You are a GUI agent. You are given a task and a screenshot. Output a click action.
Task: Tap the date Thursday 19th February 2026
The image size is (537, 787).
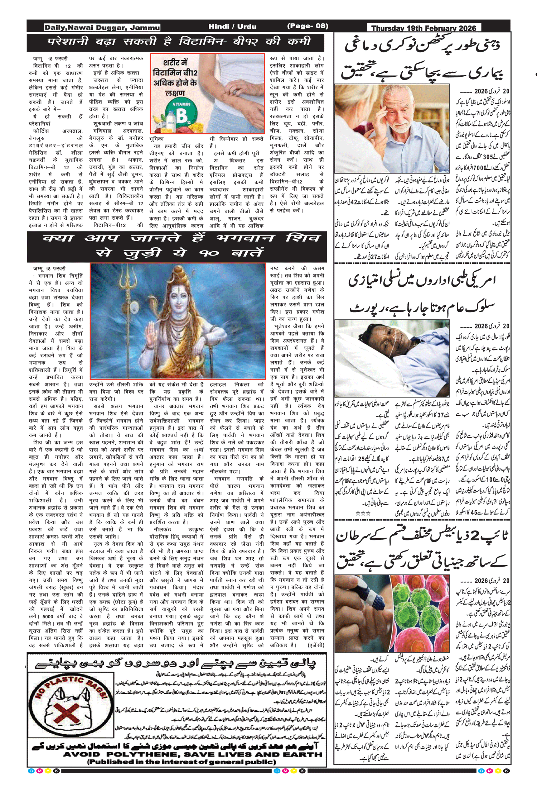[x=424, y=28]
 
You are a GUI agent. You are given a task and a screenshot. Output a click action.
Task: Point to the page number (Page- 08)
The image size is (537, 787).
[x=308, y=26]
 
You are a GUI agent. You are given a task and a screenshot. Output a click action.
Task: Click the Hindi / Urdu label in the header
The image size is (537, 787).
[x=232, y=27]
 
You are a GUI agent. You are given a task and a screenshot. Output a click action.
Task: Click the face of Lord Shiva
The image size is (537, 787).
[x=179, y=297]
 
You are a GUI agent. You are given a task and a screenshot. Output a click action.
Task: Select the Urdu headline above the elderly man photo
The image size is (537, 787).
[x=422, y=59]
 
